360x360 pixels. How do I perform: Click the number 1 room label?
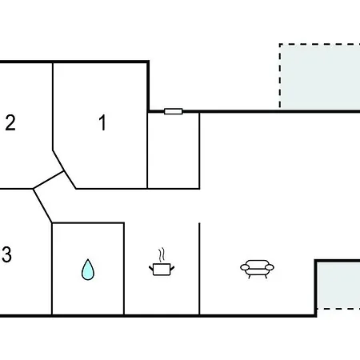click(102, 122)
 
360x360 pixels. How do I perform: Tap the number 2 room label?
click(10, 122)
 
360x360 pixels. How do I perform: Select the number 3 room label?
click(6, 254)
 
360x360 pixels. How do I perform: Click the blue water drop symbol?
click(88, 270)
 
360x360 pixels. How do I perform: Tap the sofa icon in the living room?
click(257, 269)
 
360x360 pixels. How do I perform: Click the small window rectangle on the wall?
click(174, 111)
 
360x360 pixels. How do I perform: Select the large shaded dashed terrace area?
click(320, 76)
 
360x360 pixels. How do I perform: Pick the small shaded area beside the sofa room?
click(338, 286)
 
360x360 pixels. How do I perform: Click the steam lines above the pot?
click(161, 255)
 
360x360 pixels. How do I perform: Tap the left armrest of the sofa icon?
click(245, 267)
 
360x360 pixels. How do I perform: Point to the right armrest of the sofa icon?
click(270, 267)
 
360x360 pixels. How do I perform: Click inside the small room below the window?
click(174, 150)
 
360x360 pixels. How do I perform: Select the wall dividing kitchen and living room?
click(199, 269)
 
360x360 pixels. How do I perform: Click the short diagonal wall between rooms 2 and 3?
click(48, 180)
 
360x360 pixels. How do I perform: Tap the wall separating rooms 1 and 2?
click(53, 106)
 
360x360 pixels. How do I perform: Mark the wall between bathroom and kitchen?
click(124, 269)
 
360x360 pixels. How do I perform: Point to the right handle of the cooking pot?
click(172, 268)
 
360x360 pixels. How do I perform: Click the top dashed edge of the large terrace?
click(320, 44)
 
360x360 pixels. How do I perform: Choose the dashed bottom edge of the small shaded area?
click(338, 309)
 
